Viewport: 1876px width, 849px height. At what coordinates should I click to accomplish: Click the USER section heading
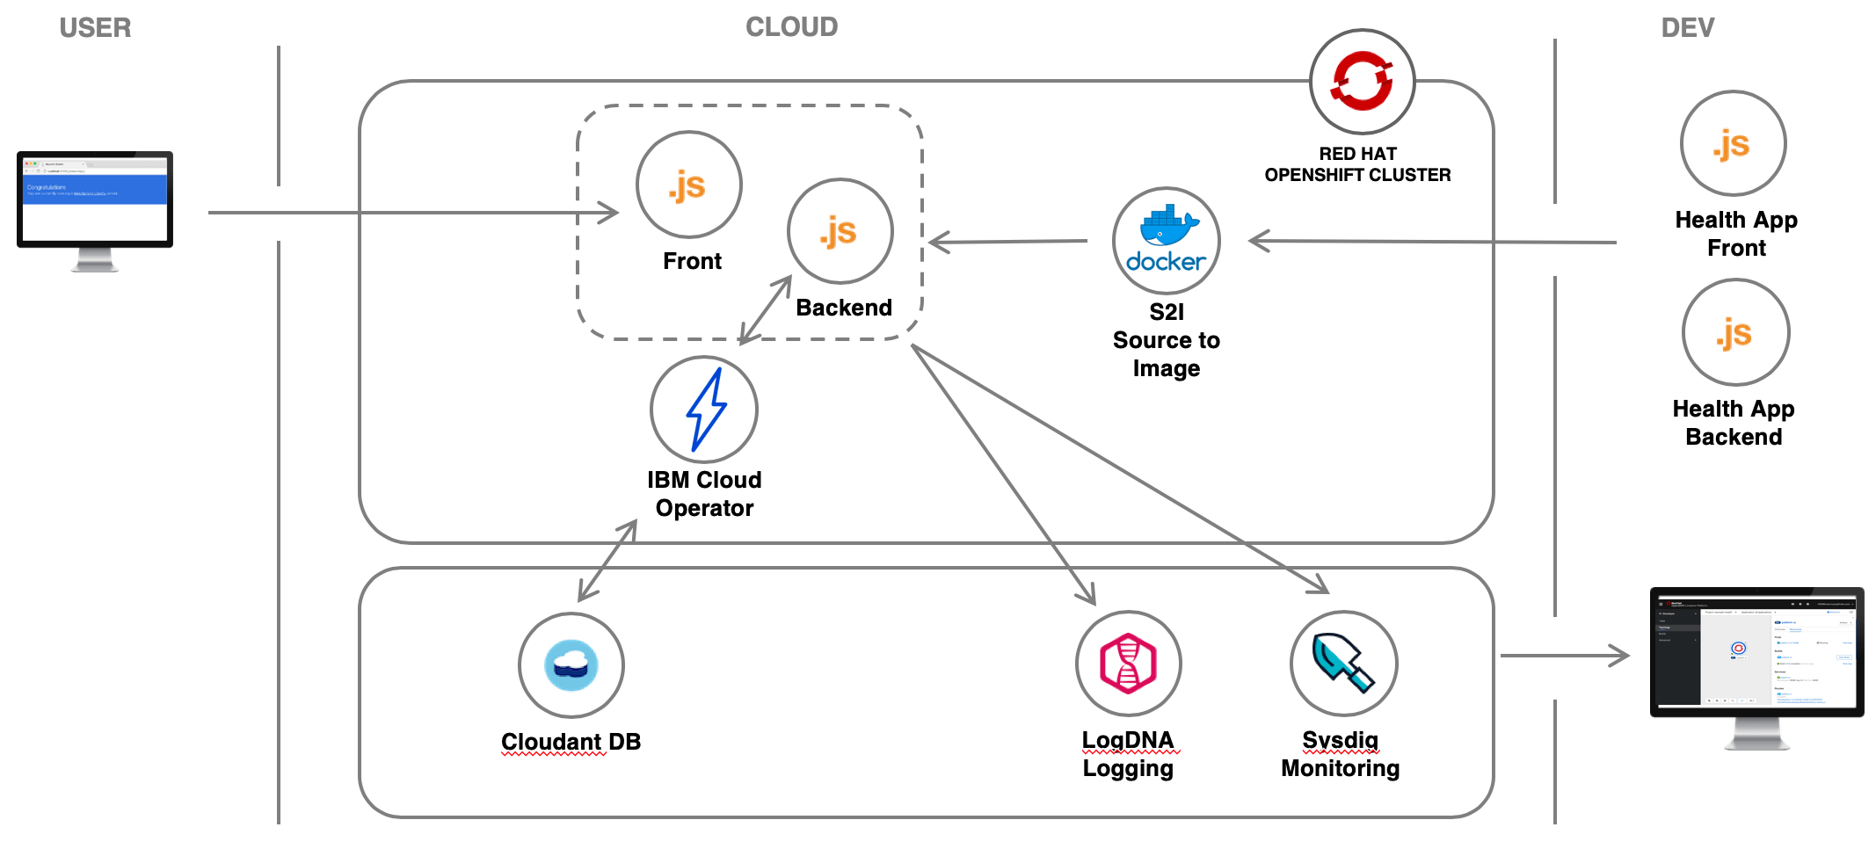(x=95, y=28)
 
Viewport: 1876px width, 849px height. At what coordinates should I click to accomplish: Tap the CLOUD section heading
(x=791, y=27)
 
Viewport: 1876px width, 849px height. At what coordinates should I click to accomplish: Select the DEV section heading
(x=1687, y=28)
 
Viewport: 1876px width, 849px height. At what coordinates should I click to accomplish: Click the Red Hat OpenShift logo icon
(x=1361, y=81)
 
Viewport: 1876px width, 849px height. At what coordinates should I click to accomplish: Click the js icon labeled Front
(x=688, y=185)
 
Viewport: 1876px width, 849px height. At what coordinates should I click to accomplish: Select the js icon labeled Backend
(x=840, y=231)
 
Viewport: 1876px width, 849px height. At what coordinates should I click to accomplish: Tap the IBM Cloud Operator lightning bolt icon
(x=704, y=410)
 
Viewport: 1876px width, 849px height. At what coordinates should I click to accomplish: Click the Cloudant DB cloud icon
(x=571, y=665)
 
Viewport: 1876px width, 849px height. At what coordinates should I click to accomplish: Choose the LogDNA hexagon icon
(x=1128, y=664)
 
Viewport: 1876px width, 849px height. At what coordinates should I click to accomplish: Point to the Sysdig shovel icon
(x=1342, y=664)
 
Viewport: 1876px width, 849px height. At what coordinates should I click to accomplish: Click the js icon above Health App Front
(x=1733, y=143)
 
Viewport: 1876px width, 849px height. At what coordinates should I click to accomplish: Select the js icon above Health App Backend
(x=1735, y=332)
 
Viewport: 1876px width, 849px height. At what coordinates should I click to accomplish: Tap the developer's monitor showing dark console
(x=1756, y=655)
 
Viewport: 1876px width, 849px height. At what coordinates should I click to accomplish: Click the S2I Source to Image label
(x=1167, y=340)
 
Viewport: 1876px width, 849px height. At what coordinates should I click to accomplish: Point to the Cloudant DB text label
(x=571, y=742)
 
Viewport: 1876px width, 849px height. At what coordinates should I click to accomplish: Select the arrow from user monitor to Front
(x=413, y=213)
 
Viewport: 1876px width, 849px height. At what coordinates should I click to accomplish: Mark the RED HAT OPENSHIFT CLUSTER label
(x=1357, y=164)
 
